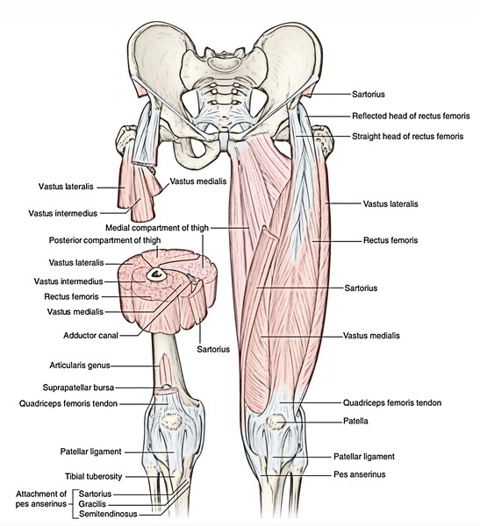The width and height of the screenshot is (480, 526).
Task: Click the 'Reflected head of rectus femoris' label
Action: [x=411, y=116]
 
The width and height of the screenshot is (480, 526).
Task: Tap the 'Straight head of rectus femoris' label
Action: [x=407, y=137]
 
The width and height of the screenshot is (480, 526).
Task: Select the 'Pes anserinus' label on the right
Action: [x=360, y=474]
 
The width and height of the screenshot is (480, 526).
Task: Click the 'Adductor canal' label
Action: [x=90, y=336]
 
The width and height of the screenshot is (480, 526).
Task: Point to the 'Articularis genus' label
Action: [x=80, y=366]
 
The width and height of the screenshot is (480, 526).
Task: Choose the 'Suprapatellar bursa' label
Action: [x=78, y=387]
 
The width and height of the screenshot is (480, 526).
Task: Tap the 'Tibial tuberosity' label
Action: [x=93, y=476]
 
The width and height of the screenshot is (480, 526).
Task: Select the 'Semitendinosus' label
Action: [x=108, y=514]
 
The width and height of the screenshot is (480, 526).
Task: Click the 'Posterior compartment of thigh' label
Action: [x=104, y=240]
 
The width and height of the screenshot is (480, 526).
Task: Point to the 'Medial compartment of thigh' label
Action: [x=157, y=228]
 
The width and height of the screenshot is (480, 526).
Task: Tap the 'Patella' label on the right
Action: [x=355, y=421]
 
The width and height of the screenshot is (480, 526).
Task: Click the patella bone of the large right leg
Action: [x=276, y=422]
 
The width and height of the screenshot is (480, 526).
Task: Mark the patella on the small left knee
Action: [x=171, y=422]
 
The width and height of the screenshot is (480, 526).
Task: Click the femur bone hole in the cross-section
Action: [x=156, y=274]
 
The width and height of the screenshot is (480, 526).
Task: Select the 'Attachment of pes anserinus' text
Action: [x=41, y=499]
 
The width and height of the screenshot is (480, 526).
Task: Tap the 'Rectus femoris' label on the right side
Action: [x=390, y=240]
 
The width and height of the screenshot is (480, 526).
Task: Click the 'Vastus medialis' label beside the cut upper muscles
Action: [x=197, y=181]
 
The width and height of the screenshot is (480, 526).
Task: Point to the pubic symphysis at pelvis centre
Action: [x=223, y=141]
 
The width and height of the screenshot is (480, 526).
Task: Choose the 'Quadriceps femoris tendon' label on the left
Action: [x=68, y=403]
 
